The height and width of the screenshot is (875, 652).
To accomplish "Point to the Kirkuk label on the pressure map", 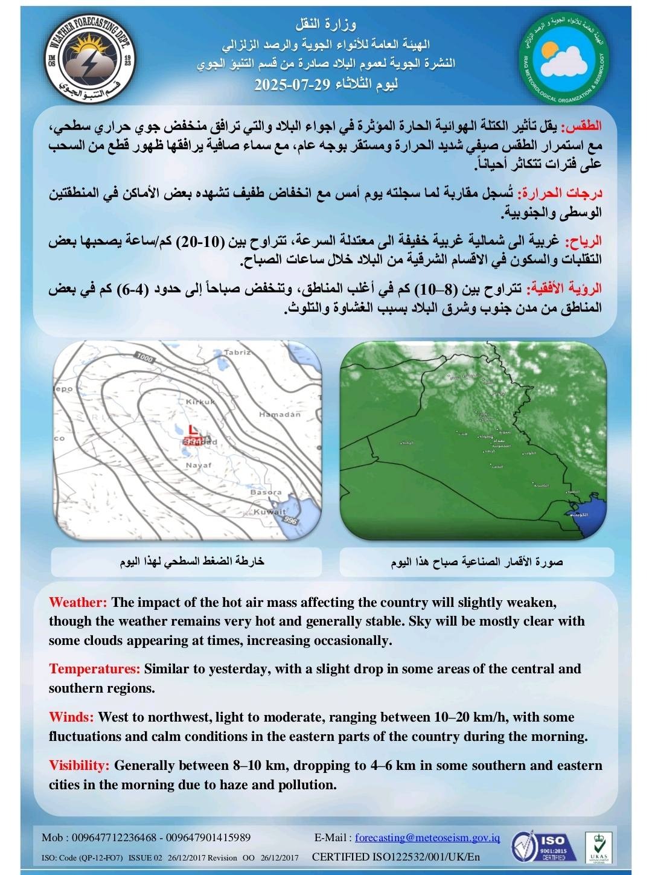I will click(x=200, y=402).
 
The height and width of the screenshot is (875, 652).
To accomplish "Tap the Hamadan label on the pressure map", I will click(x=280, y=415).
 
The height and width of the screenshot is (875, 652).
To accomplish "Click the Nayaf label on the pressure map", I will click(x=198, y=466).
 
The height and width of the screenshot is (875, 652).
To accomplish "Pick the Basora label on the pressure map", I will click(x=266, y=492).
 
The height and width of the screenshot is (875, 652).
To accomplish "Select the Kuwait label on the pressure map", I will click(x=269, y=512).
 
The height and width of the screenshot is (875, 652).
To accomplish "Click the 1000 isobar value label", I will click(x=145, y=358).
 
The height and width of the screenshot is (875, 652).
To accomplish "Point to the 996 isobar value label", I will click(x=291, y=521).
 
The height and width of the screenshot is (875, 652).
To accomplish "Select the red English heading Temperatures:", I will click(x=95, y=668).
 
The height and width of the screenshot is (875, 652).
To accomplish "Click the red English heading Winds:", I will click(x=71, y=717).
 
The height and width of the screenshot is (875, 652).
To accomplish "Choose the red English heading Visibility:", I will click(x=79, y=765).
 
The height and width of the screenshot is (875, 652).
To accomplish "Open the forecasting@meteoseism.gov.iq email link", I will click(x=427, y=838).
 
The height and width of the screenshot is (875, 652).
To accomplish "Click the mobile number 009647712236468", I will click(x=114, y=838).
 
